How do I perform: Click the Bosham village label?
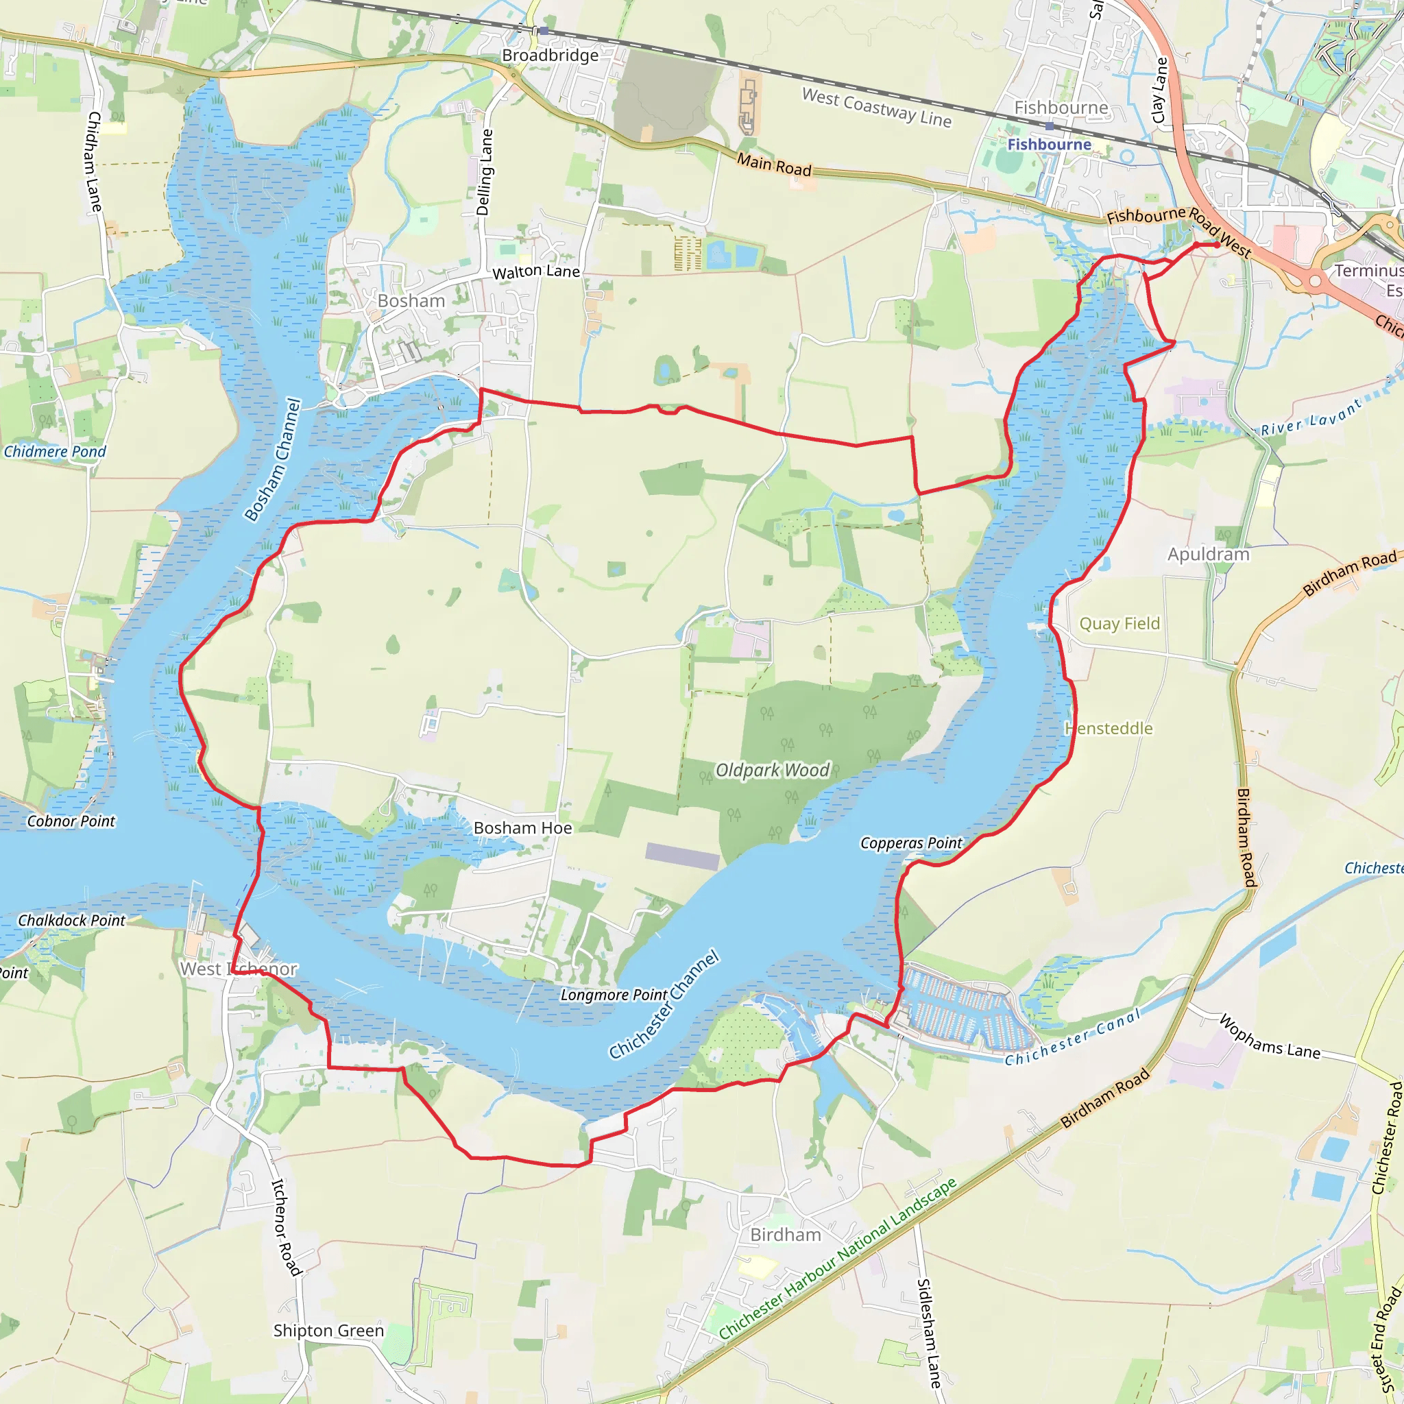click(x=411, y=301)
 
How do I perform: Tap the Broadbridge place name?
click(x=550, y=56)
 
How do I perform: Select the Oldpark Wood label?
click(x=772, y=771)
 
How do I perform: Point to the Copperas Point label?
click(x=910, y=843)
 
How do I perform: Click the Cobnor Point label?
click(x=71, y=821)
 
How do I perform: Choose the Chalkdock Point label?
click(x=71, y=921)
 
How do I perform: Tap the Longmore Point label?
click(x=614, y=995)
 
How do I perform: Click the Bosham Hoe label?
click(x=522, y=828)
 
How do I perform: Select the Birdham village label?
click(x=786, y=1235)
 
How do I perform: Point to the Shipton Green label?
click(x=328, y=1331)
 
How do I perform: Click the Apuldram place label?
click(x=1209, y=555)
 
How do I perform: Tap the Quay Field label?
click(x=1119, y=624)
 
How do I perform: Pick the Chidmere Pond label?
click(x=56, y=452)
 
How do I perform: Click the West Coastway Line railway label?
click(x=876, y=108)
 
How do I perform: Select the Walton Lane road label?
click(x=536, y=271)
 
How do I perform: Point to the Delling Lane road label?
click(x=485, y=172)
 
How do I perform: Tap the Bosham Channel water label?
click(x=273, y=460)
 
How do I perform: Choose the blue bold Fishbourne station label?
click(x=1049, y=145)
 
